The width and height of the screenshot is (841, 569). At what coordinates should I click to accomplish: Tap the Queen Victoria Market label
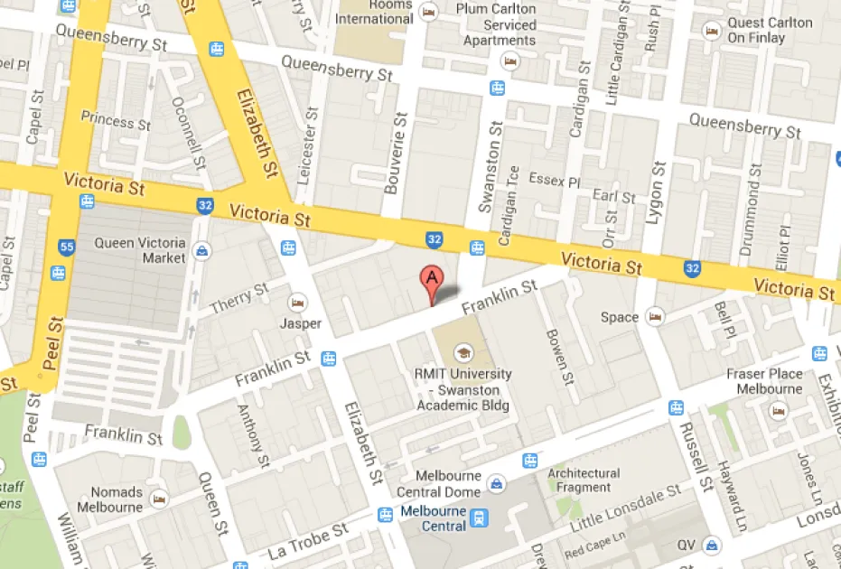click(x=140, y=250)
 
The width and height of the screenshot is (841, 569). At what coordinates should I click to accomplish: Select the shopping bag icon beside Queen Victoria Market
click(x=202, y=250)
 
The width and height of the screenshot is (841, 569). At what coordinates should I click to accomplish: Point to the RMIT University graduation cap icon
click(x=463, y=352)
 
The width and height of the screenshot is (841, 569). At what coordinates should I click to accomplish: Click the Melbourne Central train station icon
click(x=479, y=518)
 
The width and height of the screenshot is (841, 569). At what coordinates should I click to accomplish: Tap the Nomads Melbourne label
click(x=117, y=499)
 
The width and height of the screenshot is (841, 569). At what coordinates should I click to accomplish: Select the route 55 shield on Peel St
click(x=66, y=246)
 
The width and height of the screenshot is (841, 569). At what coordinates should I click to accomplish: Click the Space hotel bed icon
click(x=655, y=317)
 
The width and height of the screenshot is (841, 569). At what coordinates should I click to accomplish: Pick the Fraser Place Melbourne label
click(x=764, y=381)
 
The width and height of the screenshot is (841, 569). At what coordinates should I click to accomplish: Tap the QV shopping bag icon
click(x=713, y=546)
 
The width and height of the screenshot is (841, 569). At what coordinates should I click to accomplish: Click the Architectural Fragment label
click(x=584, y=480)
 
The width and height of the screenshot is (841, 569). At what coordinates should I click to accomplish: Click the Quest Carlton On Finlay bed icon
click(x=713, y=31)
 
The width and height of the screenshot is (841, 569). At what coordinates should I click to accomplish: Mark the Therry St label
click(x=239, y=298)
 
